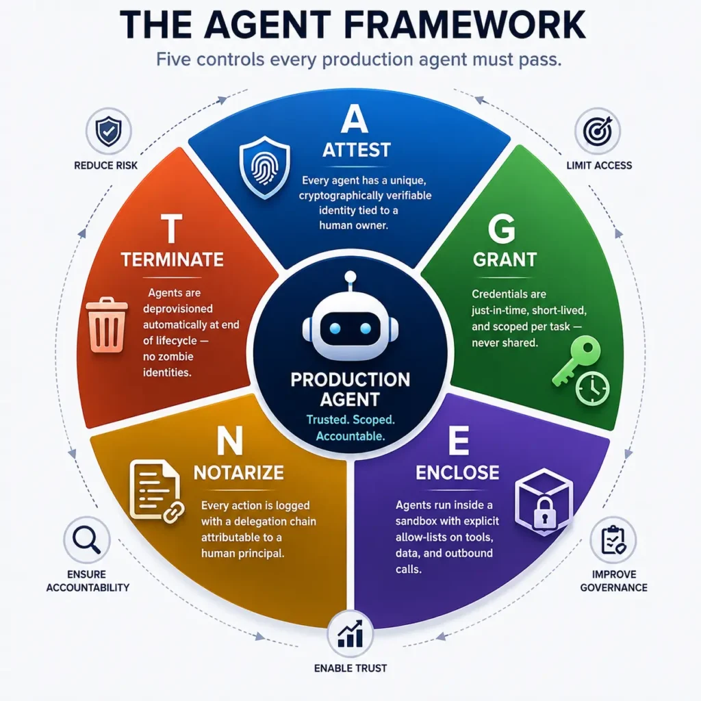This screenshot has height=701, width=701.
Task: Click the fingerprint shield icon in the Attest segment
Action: tap(265, 167)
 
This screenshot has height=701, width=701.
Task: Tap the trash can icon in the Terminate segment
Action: tap(106, 324)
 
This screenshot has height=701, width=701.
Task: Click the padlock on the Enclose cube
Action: tap(544, 512)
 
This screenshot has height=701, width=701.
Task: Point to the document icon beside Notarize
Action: tap(154, 489)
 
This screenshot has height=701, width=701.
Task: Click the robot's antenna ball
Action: tap(350, 277)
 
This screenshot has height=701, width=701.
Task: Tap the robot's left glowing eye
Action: tap(335, 329)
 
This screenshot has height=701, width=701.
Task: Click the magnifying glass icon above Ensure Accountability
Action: tap(87, 539)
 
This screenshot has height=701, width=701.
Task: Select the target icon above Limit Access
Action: tap(597, 131)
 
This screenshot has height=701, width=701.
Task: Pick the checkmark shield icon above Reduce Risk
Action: tap(109, 131)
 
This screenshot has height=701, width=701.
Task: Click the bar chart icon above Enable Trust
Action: tap(350, 633)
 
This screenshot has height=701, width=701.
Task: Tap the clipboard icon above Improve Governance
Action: tap(613, 540)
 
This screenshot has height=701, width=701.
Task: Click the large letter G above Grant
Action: tap(502, 229)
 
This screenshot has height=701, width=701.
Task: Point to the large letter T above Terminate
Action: tap(172, 228)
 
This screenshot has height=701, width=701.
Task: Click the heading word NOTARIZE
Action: tap(239, 472)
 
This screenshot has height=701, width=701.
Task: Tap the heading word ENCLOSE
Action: tap(457, 472)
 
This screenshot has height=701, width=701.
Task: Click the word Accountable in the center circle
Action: tap(350, 436)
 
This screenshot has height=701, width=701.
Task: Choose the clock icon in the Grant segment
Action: tap(592, 389)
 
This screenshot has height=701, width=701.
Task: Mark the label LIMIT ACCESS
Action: tap(599, 166)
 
